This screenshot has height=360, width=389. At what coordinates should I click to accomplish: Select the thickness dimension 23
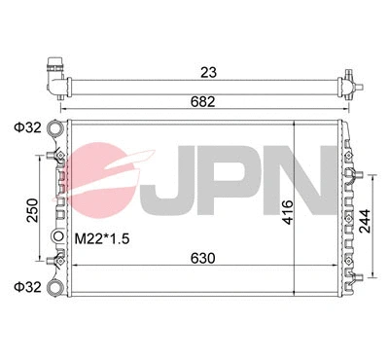(208, 72)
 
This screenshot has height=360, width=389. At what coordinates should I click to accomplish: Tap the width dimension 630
(202, 259)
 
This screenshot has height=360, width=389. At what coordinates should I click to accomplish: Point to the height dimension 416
(288, 212)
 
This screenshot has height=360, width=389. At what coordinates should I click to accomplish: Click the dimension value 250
(33, 210)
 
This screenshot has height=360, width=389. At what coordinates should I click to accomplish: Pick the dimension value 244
(365, 221)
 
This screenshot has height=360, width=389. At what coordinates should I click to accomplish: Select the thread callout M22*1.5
(102, 239)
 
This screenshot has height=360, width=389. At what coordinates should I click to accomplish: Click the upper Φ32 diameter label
(28, 127)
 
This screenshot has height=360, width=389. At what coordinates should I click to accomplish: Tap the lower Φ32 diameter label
(28, 287)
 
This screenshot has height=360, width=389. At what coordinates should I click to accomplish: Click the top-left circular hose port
(54, 127)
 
